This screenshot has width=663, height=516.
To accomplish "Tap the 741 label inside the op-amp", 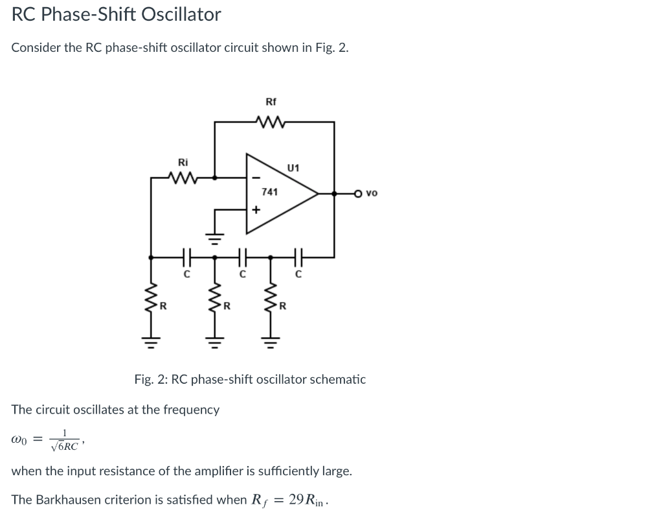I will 270,192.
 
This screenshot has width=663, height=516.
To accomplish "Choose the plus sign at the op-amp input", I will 256,210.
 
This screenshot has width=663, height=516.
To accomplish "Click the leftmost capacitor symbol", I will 186,257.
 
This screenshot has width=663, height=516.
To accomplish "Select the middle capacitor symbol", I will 242,257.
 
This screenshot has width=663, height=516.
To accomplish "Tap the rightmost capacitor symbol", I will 298,257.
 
